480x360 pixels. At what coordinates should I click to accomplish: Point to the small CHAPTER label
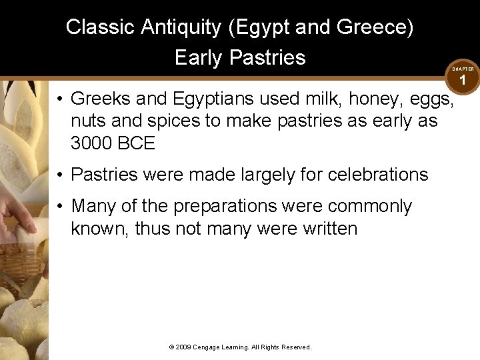pyautogui.click(x=463, y=69)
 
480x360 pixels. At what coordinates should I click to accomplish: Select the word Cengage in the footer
pyautogui.click(x=207, y=347)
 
